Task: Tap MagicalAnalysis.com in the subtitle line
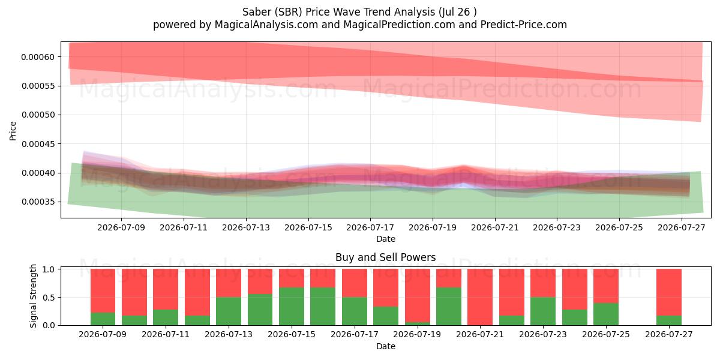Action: pos(266,25)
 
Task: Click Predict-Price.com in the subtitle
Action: pos(524,25)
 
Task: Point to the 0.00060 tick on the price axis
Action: pos(38,57)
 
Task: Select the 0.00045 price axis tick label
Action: pos(38,144)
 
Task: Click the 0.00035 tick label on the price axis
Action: pos(38,202)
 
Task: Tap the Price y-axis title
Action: pos(13,131)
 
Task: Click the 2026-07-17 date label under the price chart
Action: pos(370,227)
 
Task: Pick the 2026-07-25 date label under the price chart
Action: pos(619,227)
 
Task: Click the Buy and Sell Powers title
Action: pos(386,257)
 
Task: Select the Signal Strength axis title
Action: pos(33,296)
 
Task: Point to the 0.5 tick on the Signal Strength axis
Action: pos(49,298)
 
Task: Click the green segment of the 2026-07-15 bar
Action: pos(292,307)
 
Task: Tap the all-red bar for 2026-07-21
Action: pos(480,297)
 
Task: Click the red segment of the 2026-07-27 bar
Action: pos(669,293)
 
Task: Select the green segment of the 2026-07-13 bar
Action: pos(229,311)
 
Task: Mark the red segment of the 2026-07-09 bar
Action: pos(103,291)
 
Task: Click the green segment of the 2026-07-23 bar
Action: pos(543,311)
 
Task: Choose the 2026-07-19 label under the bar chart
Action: pos(417,335)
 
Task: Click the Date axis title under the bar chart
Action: pos(386,347)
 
